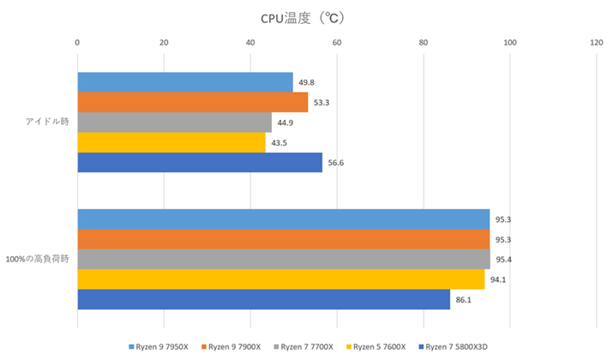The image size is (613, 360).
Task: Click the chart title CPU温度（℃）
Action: coord(306,17)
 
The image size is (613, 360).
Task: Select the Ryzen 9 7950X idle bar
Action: coord(185,82)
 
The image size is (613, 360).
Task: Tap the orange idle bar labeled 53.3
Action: coord(193,102)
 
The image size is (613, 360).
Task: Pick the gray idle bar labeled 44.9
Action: coord(175,123)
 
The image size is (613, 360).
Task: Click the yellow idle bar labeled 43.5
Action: coord(171,142)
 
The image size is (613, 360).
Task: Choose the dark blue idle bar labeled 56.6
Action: coord(200,162)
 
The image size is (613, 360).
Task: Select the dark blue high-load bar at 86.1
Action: coord(264,299)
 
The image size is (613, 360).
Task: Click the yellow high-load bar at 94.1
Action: coord(281,279)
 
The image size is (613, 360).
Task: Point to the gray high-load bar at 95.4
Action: coord(284,260)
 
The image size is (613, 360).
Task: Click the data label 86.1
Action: coord(464,300)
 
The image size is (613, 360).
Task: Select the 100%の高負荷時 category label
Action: coord(37,259)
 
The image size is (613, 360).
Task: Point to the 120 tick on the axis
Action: coord(596,41)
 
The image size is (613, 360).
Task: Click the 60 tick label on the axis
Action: coord(337,41)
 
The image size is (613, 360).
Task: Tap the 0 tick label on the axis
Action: coord(78,41)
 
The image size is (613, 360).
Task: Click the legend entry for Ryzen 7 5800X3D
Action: coord(455,347)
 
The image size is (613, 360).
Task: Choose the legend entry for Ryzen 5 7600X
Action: coord(378,347)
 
